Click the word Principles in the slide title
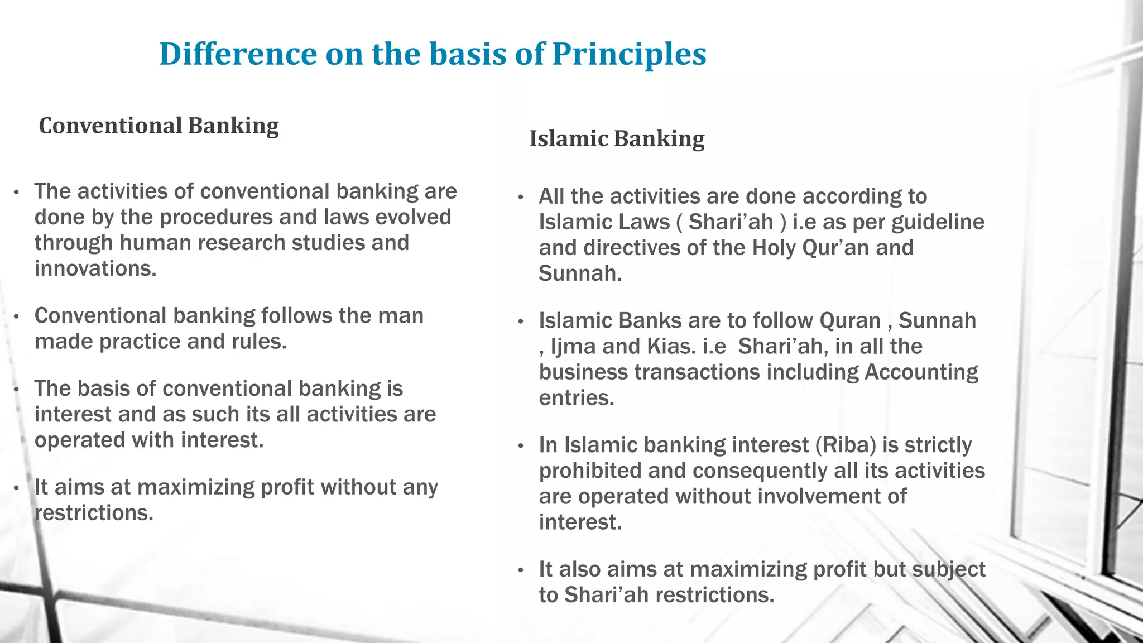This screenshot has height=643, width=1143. tap(629, 54)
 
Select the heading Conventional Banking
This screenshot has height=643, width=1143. tap(159, 126)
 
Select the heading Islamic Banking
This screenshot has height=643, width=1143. tap(617, 139)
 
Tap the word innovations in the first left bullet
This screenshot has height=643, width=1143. tap(95, 268)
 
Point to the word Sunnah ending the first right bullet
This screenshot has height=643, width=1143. tap(579, 273)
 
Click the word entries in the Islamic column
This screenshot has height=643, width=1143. tap(576, 398)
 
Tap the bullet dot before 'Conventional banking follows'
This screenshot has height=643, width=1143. tap(17, 317)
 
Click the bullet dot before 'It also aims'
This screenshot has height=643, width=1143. tap(520, 570)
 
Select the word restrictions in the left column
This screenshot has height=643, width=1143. tap(94, 513)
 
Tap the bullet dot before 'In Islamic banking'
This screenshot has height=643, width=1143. tap(520, 446)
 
